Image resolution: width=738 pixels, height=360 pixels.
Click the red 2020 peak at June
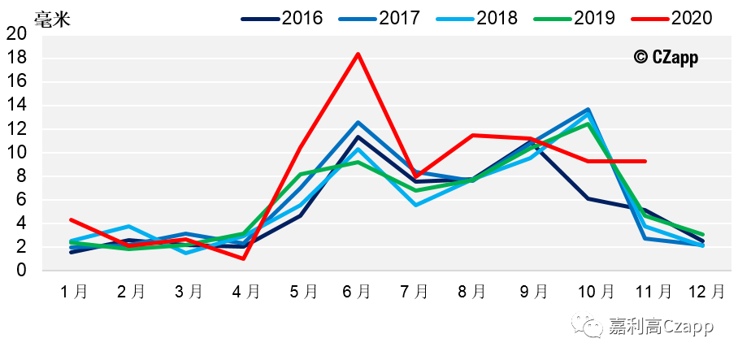(x=358, y=54)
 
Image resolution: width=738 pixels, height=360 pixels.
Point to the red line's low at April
(x=243, y=258)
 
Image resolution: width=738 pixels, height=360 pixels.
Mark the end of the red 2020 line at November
(x=645, y=161)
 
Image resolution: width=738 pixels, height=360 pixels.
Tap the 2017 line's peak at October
(x=588, y=109)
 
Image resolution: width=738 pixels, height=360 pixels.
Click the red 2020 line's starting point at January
(x=72, y=219)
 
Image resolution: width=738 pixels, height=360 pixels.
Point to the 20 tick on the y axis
(x=16, y=34)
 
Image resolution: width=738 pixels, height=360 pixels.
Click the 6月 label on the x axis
(x=358, y=292)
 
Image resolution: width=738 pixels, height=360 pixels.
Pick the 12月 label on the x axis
(x=703, y=292)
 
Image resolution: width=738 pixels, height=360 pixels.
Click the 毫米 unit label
(x=51, y=18)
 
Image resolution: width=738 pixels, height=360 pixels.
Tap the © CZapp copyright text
(x=666, y=57)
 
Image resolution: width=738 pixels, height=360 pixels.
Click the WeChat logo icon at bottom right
(x=588, y=327)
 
